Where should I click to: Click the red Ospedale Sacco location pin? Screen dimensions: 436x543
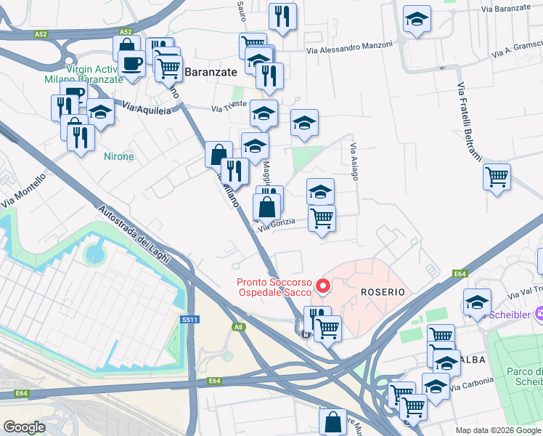click(324, 287)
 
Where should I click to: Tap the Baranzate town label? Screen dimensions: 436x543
click(211, 72)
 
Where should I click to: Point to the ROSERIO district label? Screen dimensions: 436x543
click(382, 291)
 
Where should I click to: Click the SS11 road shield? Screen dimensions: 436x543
click(189, 320)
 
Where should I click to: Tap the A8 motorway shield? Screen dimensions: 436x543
click(238, 328)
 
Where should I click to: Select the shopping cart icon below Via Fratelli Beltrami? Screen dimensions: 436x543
click(497, 176)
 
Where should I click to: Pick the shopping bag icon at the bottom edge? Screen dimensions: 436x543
click(332, 421)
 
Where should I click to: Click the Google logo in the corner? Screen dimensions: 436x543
click(24, 427)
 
